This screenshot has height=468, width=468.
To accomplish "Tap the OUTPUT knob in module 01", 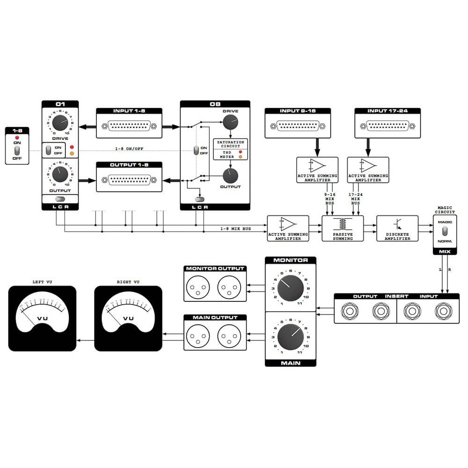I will [59, 175].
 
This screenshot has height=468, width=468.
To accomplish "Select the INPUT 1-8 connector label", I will [129, 111].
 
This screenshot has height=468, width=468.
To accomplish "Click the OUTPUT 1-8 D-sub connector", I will [129, 180].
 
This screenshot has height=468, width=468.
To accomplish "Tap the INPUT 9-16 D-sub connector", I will [298, 126].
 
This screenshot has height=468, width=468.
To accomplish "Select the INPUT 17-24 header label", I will [388, 111].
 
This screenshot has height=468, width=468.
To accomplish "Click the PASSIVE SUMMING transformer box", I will [343, 228].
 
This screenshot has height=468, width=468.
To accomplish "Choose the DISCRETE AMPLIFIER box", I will [398, 228].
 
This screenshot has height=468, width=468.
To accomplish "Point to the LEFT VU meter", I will [43, 318].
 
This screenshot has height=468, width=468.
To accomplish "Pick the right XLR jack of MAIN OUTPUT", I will [228, 336].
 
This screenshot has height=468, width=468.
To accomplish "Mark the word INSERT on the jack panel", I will [396, 296].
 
